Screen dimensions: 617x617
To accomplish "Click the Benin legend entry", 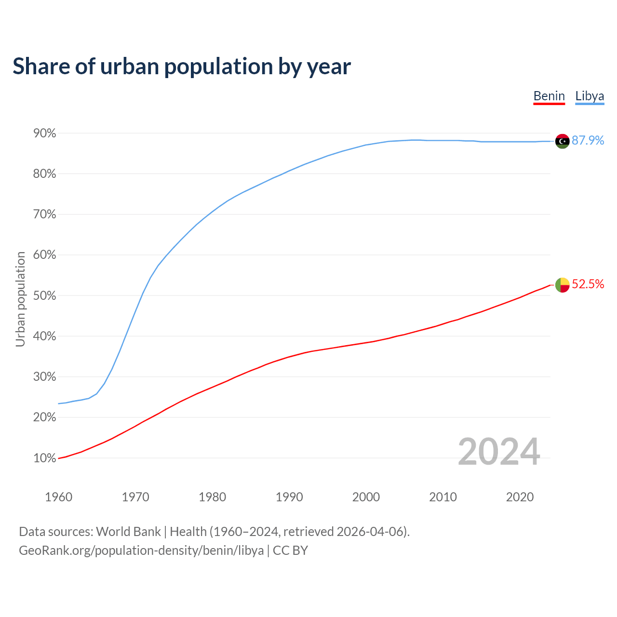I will pyautogui.click(x=549, y=96).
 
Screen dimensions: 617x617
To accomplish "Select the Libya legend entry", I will pyautogui.click(x=590, y=96).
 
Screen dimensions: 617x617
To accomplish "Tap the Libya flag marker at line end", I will pyautogui.click(x=563, y=141).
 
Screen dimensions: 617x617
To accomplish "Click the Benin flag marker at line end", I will pyautogui.click(x=563, y=285).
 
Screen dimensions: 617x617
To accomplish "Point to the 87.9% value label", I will pyautogui.click(x=588, y=140).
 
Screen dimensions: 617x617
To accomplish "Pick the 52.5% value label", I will pyautogui.click(x=588, y=284).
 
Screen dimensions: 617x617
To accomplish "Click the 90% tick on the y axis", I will pyautogui.click(x=45, y=133).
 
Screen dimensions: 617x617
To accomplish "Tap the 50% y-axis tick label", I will pyautogui.click(x=45, y=295).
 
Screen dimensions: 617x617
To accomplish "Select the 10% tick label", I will pyautogui.click(x=45, y=458).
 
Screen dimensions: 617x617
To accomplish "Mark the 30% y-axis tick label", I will pyautogui.click(x=45, y=377).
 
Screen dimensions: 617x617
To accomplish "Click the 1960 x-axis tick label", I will pyautogui.click(x=58, y=497).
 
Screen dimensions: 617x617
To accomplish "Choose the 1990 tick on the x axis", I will pyautogui.click(x=289, y=497).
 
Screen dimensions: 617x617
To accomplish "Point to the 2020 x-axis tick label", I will pyautogui.click(x=520, y=497).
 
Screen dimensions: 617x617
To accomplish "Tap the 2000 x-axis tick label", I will pyautogui.click(x=366, y=497).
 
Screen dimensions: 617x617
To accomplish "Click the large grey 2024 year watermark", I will pyautogui.click(x=499, y=452).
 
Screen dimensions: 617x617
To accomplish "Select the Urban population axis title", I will pyautogui.click(x=20, y=299).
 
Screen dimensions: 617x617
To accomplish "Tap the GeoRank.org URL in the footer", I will pyautogui.click(x=141, y=550).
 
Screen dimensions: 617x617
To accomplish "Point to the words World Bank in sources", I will pyautogui.click(x=128, y=532).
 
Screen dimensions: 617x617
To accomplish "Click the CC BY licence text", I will pyautogui.click(x=290, y=550).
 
